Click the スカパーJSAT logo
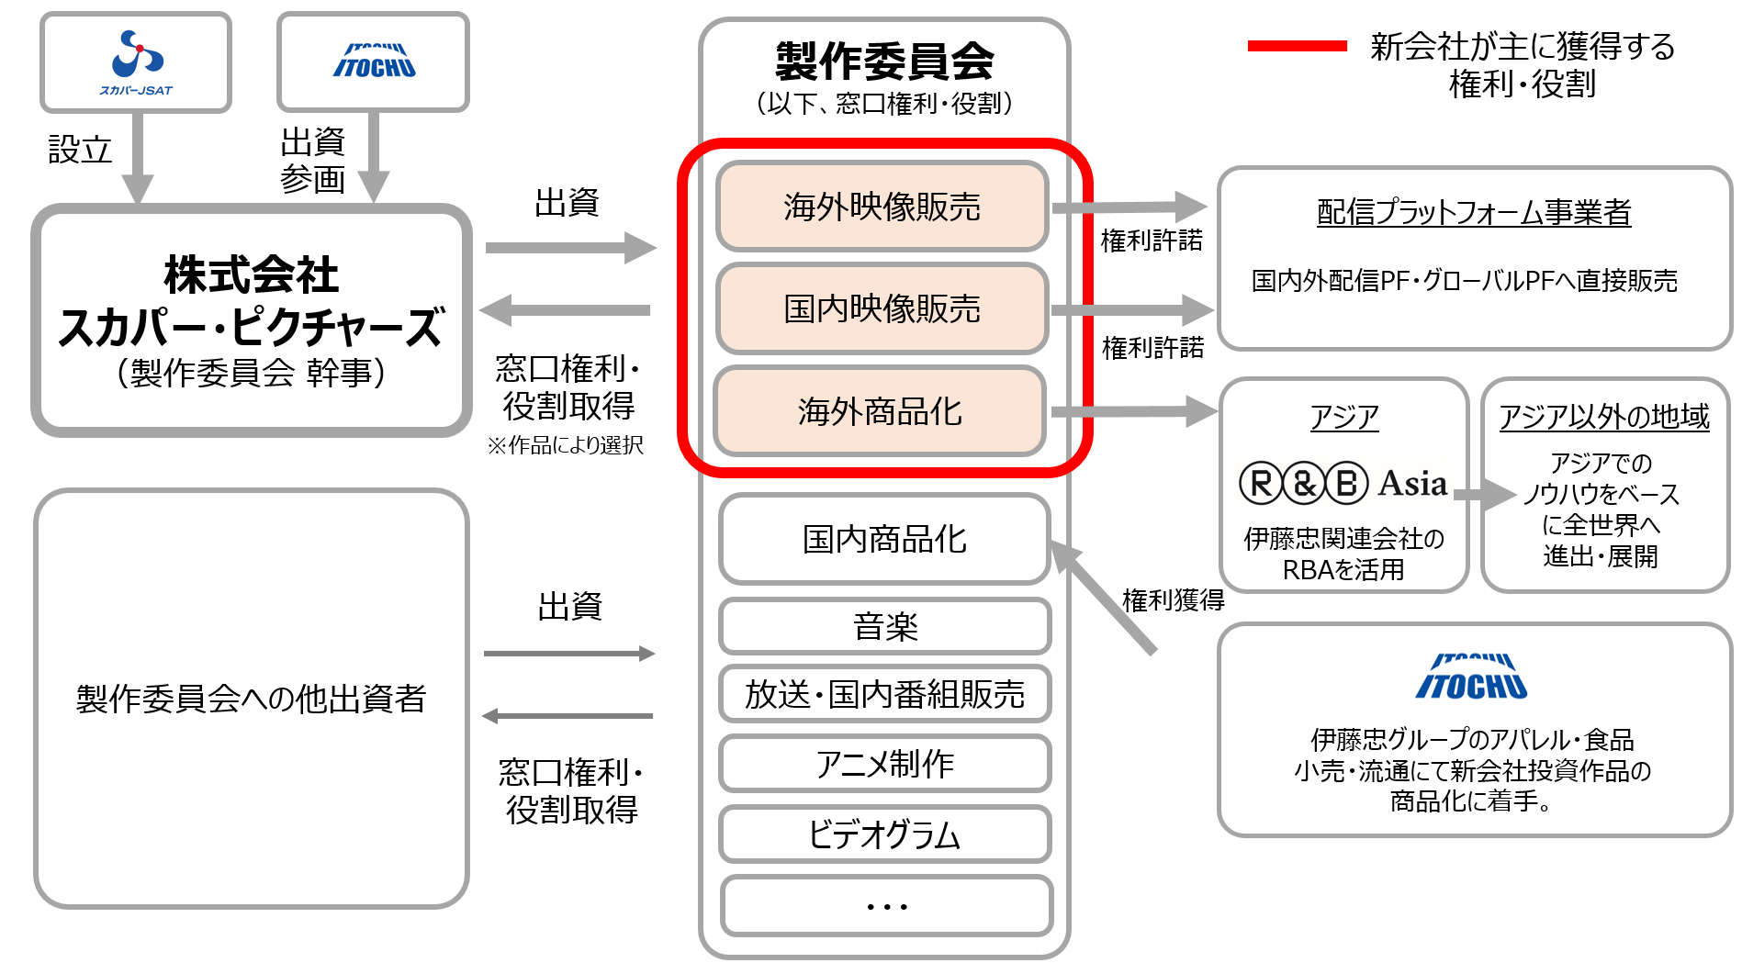[136, 62]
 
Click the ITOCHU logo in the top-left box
[374, 61]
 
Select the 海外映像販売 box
[882, 207]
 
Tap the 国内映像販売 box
[882, 308]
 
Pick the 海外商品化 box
[880, 411]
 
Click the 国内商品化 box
[884, 539]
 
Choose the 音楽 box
[885, 627]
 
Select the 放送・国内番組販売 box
[885, 694]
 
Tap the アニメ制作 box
[885, 764]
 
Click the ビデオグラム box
[885, 834]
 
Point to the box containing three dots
[887, 906]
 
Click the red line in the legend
[1297, 45]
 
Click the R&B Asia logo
[1343, 483]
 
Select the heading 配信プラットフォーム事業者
[1474, 212]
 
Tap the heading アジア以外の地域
[1604, 417]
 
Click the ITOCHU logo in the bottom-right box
[1471, 677]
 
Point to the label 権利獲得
[1174, 600]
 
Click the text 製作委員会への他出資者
[251, 699]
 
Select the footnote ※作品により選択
[566, 445]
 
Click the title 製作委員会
[884, 62]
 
